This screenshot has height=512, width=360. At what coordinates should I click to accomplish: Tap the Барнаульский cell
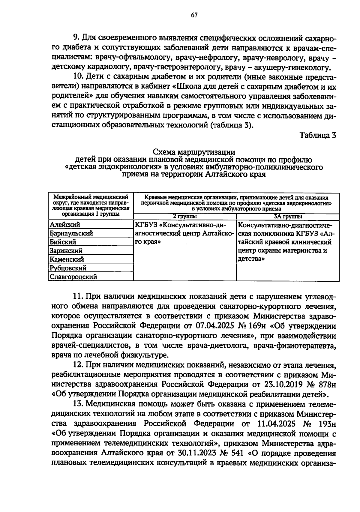pos(71,233)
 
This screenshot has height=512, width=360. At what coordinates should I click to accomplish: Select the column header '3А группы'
pos(288,217)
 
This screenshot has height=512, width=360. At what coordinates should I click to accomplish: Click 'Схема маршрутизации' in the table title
pos(194,152)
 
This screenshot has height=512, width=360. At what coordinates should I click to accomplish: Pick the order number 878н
pos(325,384)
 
